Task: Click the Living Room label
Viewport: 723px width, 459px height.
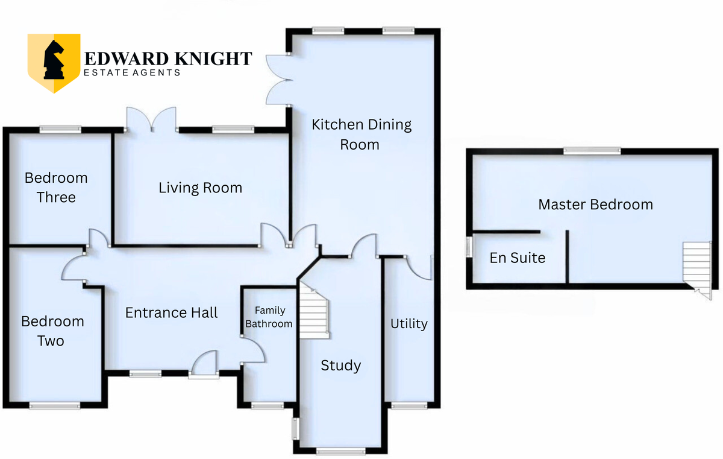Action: pos(200,188)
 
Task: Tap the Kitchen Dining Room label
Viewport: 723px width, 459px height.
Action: pos(361,135)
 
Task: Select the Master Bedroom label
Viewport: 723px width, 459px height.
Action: pos(595,204)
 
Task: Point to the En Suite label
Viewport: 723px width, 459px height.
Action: pos(518,258)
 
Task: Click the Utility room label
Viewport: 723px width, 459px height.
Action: pos(409,324)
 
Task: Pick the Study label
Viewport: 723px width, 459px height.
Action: pos(341,366)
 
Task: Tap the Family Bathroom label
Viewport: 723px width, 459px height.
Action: pos(269,317)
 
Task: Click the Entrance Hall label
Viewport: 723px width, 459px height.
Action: pos(171,312)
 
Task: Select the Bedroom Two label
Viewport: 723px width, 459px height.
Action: pos(52,331)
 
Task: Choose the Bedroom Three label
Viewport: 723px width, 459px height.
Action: pos(56,188)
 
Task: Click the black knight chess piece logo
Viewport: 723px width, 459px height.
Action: pos(54,60)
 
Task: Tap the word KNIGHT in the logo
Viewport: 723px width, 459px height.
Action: pos(213,59)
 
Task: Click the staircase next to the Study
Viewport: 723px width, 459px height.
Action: pos(314,311)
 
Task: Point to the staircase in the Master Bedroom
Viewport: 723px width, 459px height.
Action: pos(697,270)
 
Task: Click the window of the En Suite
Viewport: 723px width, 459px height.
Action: pos(469,247)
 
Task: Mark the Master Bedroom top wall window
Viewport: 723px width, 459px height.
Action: pos(592,151)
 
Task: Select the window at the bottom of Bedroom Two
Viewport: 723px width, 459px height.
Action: pos(55,406)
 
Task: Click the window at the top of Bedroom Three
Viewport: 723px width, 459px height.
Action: pos(60,130)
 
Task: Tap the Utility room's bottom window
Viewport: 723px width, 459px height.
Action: pos(409,406)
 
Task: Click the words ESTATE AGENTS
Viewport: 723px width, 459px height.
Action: pos(132,72)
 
